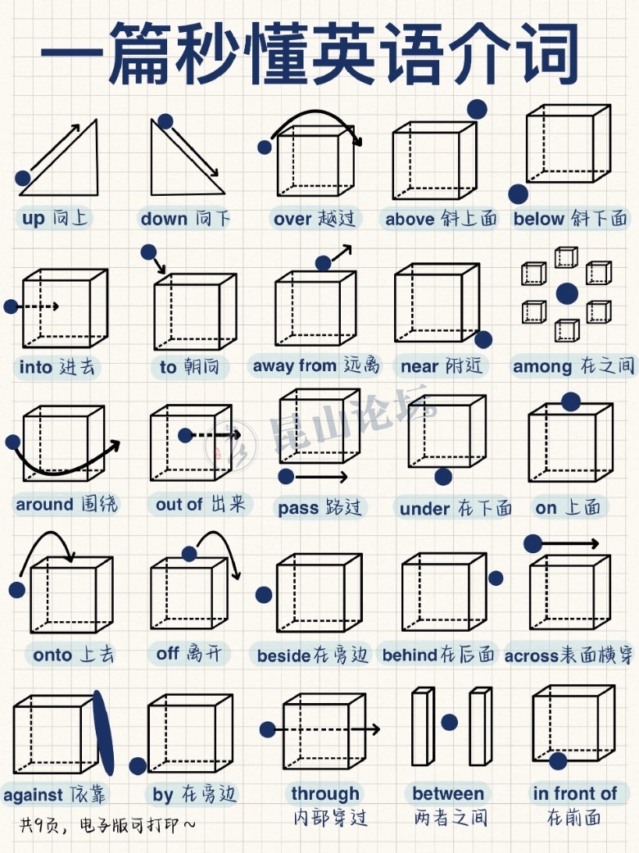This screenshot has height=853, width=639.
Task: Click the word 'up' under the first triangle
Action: click(33, 218)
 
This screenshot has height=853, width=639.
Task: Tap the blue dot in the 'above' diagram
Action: click(477, 109)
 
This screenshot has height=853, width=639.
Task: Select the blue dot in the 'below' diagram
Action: click(519, 193)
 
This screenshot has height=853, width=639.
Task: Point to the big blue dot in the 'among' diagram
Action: click(567, 294)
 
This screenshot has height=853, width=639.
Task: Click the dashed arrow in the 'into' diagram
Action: click(38, 306)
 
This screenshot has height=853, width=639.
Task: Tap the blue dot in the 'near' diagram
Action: click(483, 339)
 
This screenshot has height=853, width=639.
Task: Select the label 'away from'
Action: click(294, 365)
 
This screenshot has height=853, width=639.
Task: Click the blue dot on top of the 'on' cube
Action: click(570, 402)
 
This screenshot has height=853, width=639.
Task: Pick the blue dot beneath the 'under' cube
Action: click(443, 477)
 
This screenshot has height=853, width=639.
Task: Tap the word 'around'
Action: click(44, 504)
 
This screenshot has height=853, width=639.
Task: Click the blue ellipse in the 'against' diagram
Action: click(103, 733)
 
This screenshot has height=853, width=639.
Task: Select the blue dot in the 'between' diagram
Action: click(449, 723)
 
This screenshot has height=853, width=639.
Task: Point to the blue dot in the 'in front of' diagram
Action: click(558, 761)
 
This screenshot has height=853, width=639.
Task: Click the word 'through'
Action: click(325, 794)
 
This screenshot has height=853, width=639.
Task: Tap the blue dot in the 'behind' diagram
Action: click(496, 578)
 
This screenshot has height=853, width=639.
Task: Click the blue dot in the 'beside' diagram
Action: click(264, 595)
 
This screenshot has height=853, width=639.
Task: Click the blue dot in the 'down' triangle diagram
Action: click(165, 121)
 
